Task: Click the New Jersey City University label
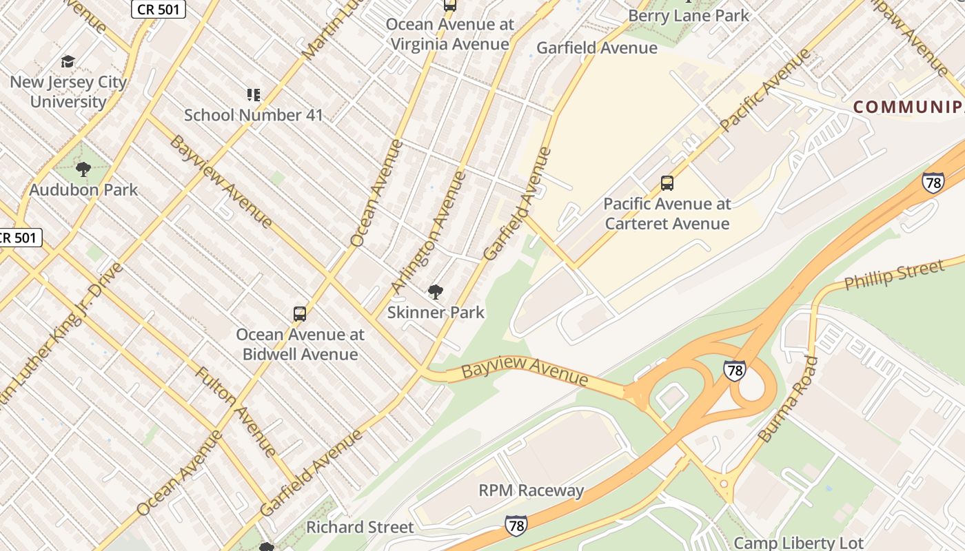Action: click(68, 92)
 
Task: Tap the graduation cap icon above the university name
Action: click(68, 62)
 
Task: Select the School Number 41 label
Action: click(253, 115)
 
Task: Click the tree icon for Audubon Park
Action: click(83, 169)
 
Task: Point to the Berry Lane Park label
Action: click(688, 15)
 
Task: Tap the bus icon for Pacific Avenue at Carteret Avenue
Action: click(667, 183)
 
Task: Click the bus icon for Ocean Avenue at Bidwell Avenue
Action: click(300, 314)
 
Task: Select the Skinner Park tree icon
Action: click(435, 292)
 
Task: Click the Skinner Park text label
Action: click(436, 312)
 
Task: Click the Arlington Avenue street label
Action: click(428, 232)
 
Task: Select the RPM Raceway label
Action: click(531, 490)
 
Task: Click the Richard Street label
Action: click(360, 527)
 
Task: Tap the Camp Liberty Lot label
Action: click(798, 543)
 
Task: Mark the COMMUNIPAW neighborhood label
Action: click(908, 107)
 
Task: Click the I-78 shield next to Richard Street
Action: click(516, 526)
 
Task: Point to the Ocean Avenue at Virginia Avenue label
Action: click(449, 34)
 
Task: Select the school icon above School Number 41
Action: click(253, 95)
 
